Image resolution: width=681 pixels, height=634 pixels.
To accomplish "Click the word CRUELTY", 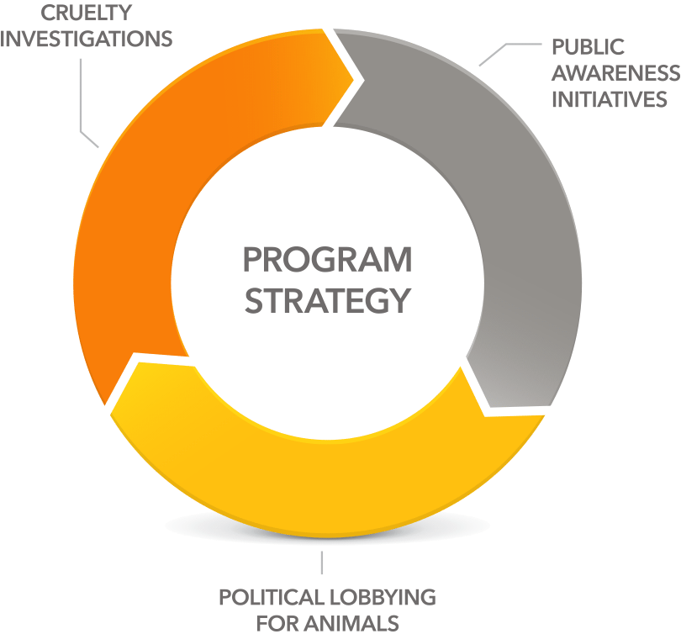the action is click(86, 13).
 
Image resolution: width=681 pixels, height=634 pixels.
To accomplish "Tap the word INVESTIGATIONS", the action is click(87, 39).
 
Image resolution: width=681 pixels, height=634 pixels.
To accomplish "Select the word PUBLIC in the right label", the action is click(588, 47).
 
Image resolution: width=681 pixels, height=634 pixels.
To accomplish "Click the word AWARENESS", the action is click(616, 73).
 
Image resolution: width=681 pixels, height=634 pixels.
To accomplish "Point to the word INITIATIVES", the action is click(610, 99).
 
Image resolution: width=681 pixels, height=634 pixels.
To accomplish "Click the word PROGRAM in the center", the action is click(328, 260).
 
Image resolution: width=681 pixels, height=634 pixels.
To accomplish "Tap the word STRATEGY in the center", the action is click(328, 300).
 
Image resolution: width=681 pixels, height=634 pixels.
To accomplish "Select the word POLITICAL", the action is click(270, 597).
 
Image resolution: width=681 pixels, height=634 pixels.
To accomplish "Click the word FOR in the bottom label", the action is click(277, 624).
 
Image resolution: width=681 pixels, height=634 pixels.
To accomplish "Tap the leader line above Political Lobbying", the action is click(322, 563).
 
